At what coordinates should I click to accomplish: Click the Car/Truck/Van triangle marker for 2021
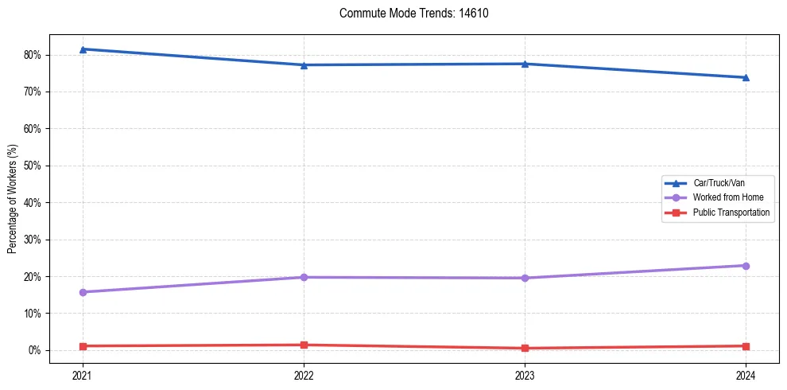(83, 49)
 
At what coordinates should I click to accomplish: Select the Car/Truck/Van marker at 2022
(304, 65)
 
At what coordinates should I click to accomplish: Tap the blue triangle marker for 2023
(525, 64)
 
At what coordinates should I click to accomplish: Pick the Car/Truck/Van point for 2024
(746, 77)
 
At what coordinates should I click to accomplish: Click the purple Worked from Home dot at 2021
(83, 292)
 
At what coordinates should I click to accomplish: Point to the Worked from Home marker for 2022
(304, 277)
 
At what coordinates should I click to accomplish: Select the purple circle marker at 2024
(746, 265)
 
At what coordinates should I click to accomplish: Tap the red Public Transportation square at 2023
(525, 348)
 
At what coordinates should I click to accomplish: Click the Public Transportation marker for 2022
(304, 345)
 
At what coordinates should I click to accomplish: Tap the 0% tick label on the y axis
(34, 350)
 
